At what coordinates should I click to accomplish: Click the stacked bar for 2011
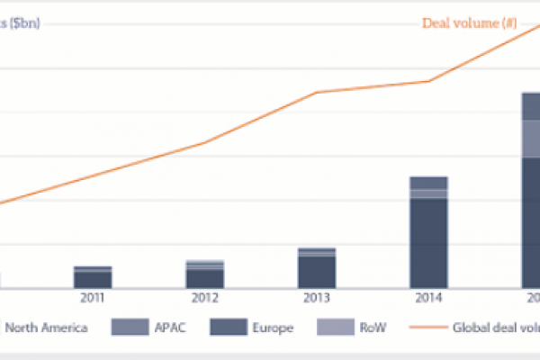coord(93,277)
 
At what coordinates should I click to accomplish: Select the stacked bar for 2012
coord(205,274)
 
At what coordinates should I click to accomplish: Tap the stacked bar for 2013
coord(317,267)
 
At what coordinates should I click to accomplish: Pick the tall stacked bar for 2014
coord(428,232)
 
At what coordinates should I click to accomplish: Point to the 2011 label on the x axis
coord(93,299)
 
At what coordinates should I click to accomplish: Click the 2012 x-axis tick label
coord(204,299)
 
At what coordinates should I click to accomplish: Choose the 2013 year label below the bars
coord(317,299)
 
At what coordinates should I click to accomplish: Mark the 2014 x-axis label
coord(428,299)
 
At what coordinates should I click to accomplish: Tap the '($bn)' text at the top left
coord(20,23)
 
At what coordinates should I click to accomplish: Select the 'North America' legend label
coord(46,328)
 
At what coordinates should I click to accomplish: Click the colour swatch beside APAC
coord(126,328)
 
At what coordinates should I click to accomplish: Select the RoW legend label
coord(370,328)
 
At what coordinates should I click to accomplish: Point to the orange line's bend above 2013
coord(317,92)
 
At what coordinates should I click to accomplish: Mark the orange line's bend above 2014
coord(428,81)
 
